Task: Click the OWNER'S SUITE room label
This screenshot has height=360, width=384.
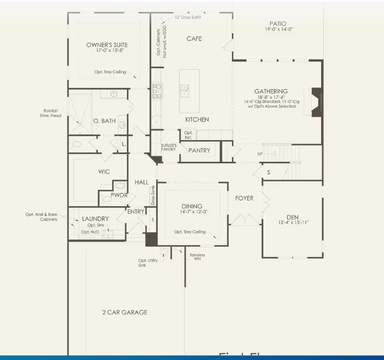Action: [x=107, y=45]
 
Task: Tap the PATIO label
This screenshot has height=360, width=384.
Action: [x=277, y=24]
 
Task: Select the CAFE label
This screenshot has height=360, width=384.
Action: [x=194, y=39]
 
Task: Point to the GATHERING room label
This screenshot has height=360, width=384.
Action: [x=271, y=91]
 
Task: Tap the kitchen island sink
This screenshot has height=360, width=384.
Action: [x=184, y=91]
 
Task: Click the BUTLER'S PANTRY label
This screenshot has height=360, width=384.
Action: [x=169, y=147]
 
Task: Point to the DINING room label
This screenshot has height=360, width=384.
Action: [x=192, y=207]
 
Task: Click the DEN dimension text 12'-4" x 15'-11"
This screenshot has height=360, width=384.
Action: [x=292, y=222]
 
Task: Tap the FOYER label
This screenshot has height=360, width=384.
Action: [x=244, y=198]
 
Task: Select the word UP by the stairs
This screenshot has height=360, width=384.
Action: [x=260, y=154]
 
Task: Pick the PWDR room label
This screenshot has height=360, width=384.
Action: [x=119, y=195]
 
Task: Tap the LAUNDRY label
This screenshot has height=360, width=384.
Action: [x=95, y=218]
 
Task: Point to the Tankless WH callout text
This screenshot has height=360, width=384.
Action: [x=197, y=257]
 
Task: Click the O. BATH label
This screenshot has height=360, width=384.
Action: [x=104, y=121]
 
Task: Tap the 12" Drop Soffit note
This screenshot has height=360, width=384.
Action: [x=188, y=17]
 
